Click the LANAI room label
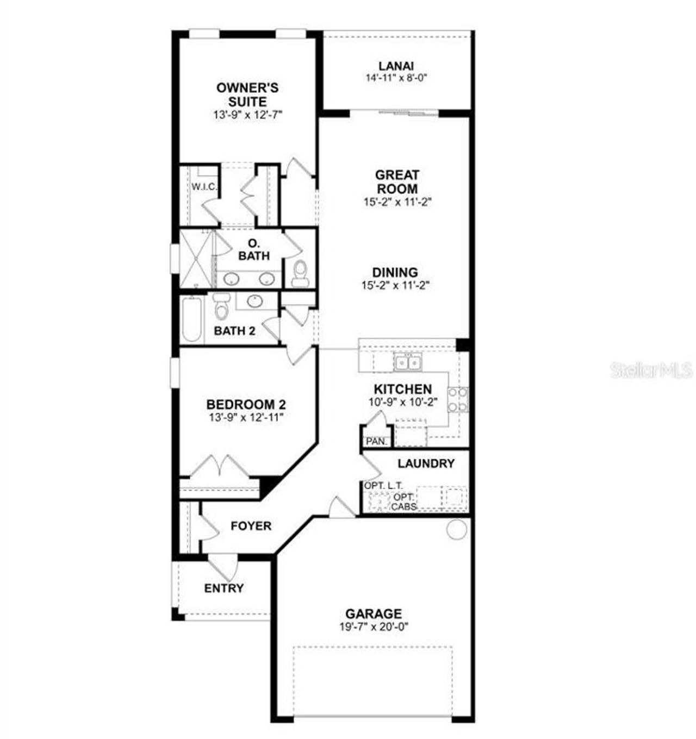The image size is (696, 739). point(396,66)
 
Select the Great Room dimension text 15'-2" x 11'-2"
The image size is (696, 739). point(397,202)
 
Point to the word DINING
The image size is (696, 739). point(395,272)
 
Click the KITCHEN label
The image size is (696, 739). point(402,389)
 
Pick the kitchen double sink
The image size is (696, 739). point(407,362)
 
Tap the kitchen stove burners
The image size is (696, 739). point(457,399)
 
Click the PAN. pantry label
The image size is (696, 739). point(376,441)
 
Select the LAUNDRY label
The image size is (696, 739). point(426,464)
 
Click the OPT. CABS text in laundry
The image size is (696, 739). point(404,502)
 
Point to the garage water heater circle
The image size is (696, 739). point(456,529)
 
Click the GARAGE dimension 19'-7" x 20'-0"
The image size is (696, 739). point(374,627)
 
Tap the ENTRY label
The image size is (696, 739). point(223,588)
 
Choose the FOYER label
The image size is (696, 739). point(251,526)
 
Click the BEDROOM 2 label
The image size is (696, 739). point(246,405)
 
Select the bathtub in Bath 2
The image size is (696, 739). point(191,319)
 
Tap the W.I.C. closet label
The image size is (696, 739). point(204,187)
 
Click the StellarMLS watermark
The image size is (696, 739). point(651,371)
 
